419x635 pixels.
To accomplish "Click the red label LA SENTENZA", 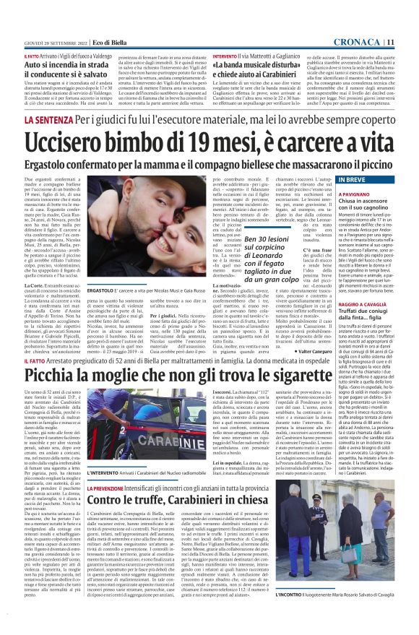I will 50,118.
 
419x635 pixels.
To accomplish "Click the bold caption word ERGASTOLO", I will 99,290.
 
